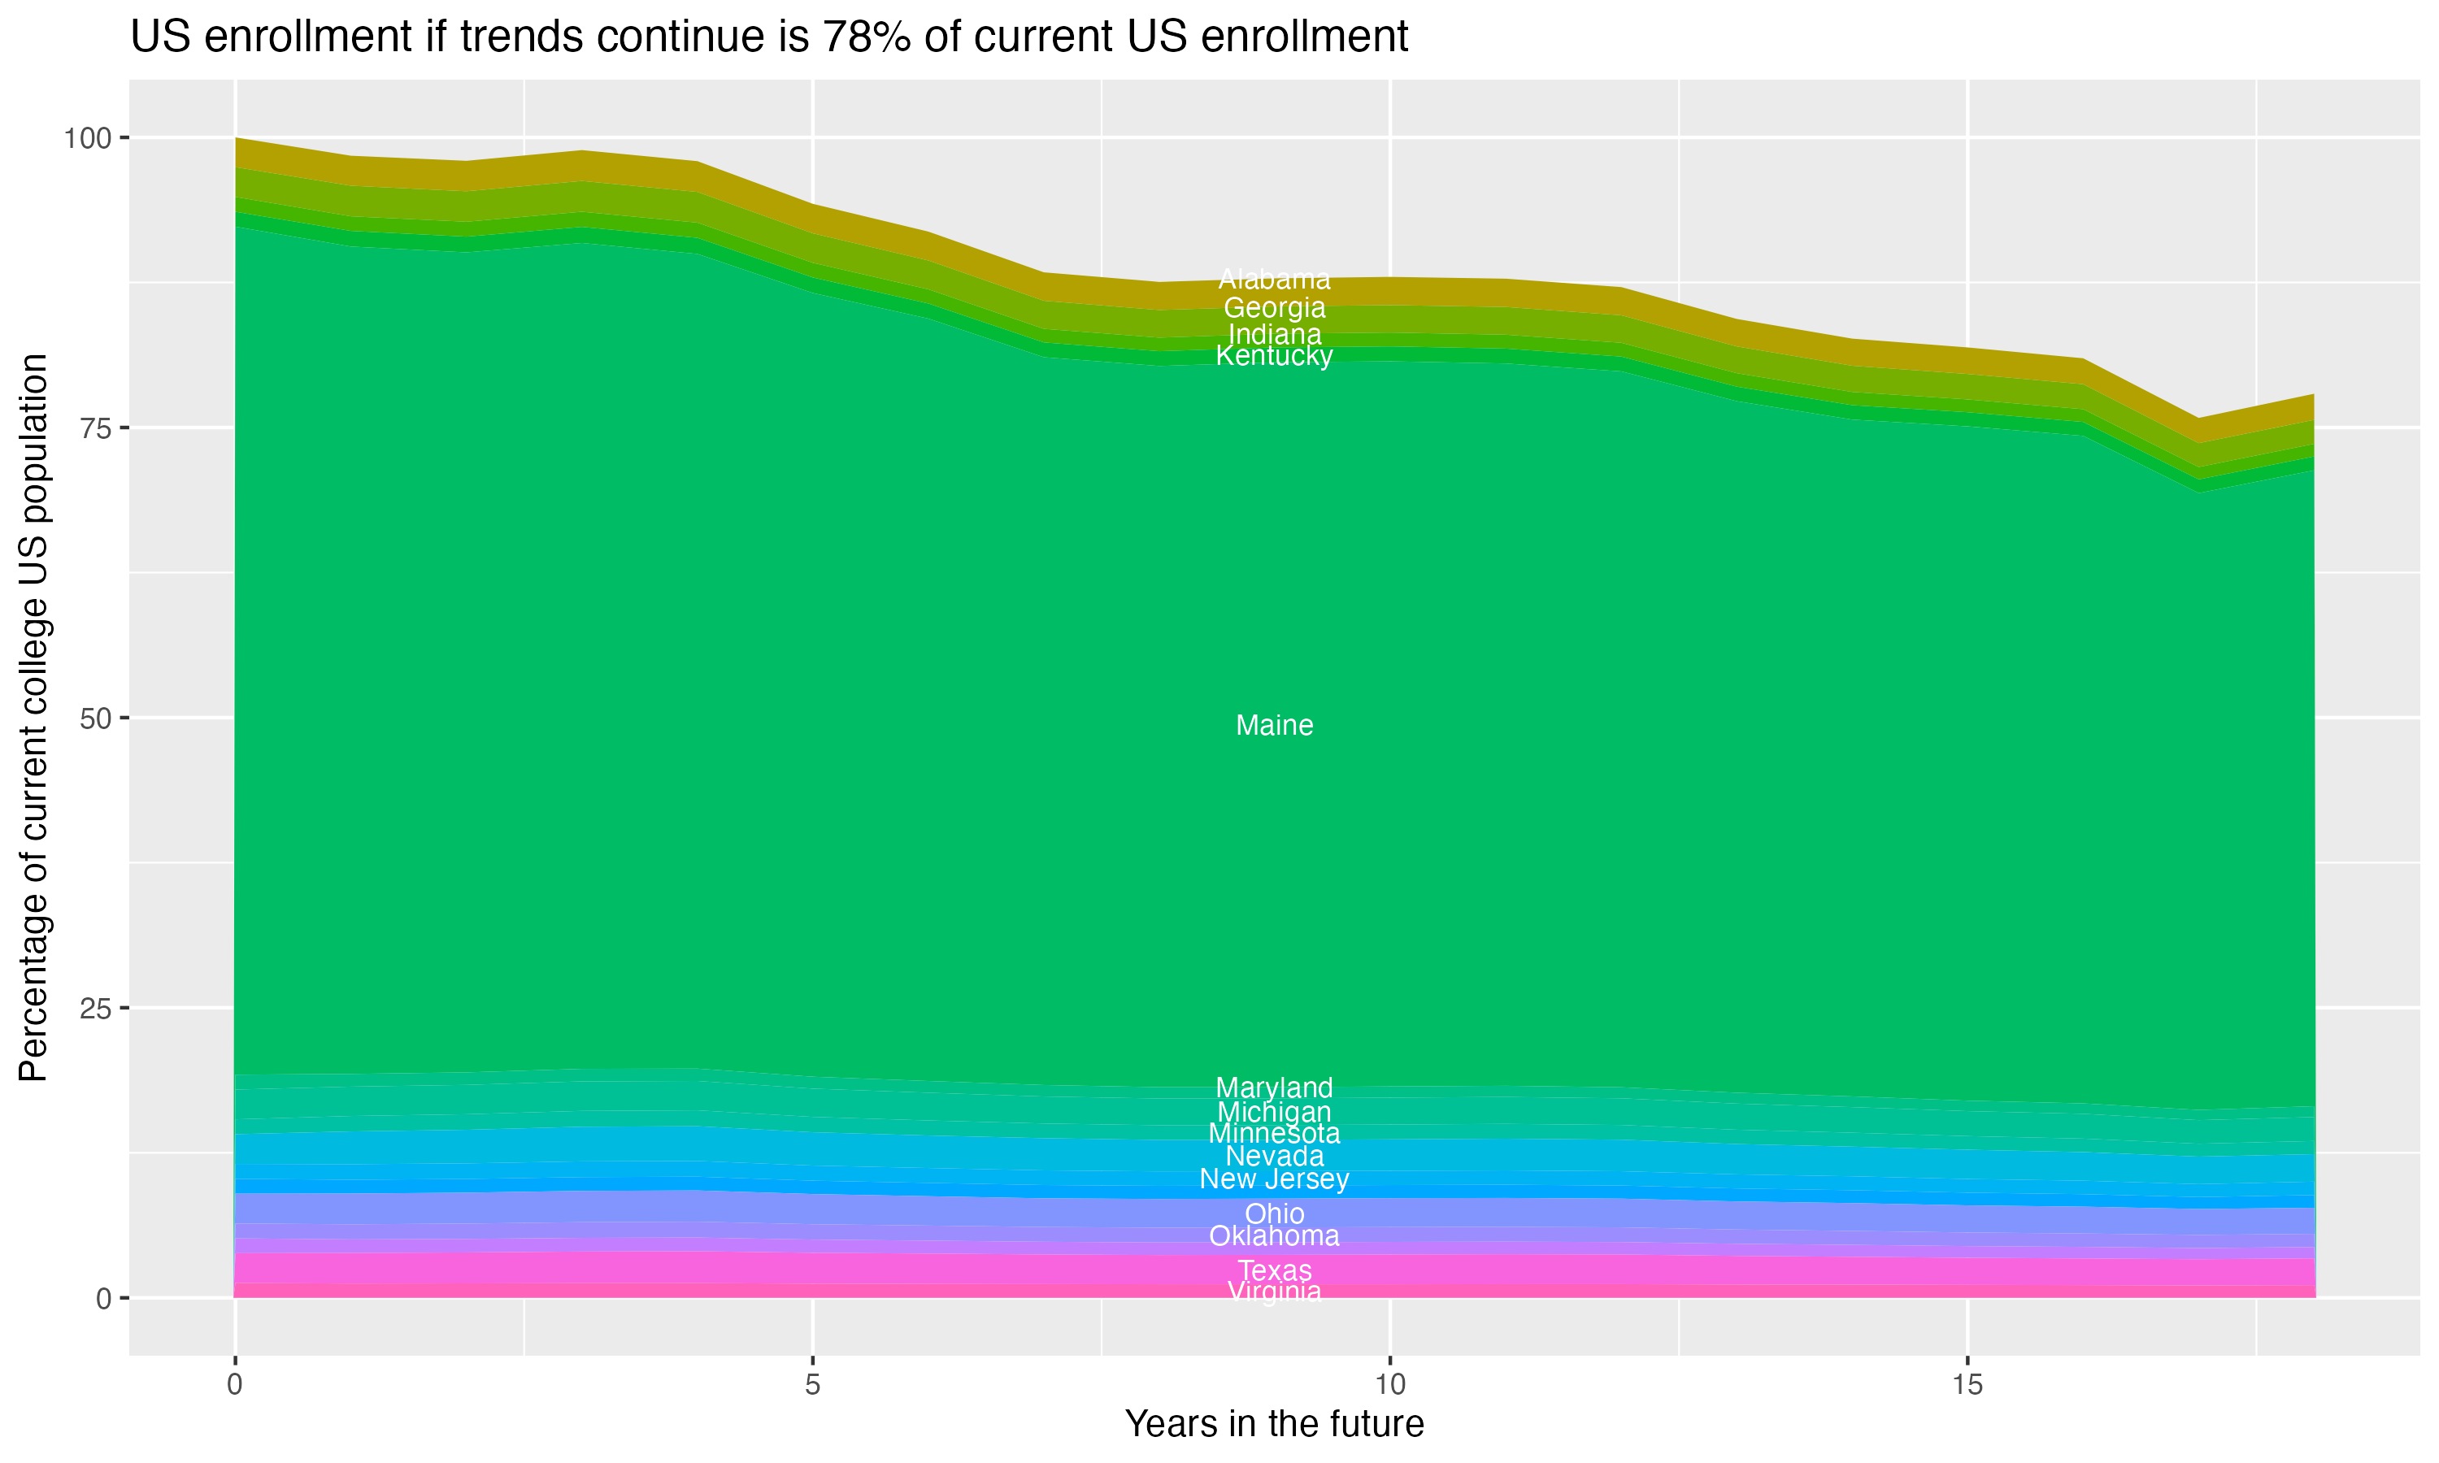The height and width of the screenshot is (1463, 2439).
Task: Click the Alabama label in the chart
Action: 1274,279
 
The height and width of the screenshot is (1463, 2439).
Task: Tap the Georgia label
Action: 1274,307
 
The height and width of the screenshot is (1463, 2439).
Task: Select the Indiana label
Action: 1274,334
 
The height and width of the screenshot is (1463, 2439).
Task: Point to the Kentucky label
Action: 1274,356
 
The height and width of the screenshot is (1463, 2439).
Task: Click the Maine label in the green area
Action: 1274,726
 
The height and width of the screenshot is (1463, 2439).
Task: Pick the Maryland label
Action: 1274,1087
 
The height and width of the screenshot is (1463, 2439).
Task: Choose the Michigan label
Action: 1274,1112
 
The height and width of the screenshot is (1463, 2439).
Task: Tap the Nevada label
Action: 1274,1157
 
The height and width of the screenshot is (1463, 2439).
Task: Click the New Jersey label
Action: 1274,1179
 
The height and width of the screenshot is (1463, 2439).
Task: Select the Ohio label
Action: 1274,1213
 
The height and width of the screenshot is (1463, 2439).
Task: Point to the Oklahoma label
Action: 1274,1236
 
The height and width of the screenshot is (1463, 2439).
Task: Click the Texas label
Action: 1274,1270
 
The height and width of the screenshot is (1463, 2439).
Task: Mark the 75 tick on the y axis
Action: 96,428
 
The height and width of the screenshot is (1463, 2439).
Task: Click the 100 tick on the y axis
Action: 89,138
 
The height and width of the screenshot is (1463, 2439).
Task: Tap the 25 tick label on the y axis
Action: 96,1009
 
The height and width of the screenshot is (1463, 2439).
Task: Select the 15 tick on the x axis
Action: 1967,1385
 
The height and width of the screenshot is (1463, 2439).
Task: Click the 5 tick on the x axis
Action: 812,1385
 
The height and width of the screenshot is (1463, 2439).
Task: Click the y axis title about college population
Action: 33,718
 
